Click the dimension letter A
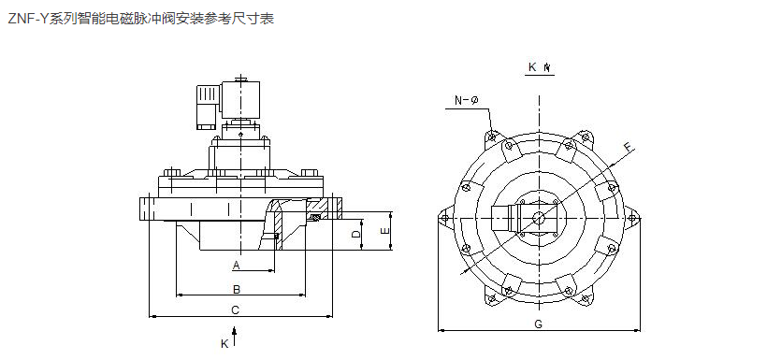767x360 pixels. [x=237, y=266]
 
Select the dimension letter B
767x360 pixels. [x=237, y=289]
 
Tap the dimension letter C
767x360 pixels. [x=236, y=310]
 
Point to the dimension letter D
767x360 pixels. [x=356, y=234]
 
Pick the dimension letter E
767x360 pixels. [x=385, y=231]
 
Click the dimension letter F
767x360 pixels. [x=630, y=147]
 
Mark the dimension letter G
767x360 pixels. [x=538, y=324]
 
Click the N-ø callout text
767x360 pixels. [x=466, y=101]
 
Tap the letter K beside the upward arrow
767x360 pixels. [x=224, y=344]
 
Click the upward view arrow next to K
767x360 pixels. [x=236, y=336]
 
